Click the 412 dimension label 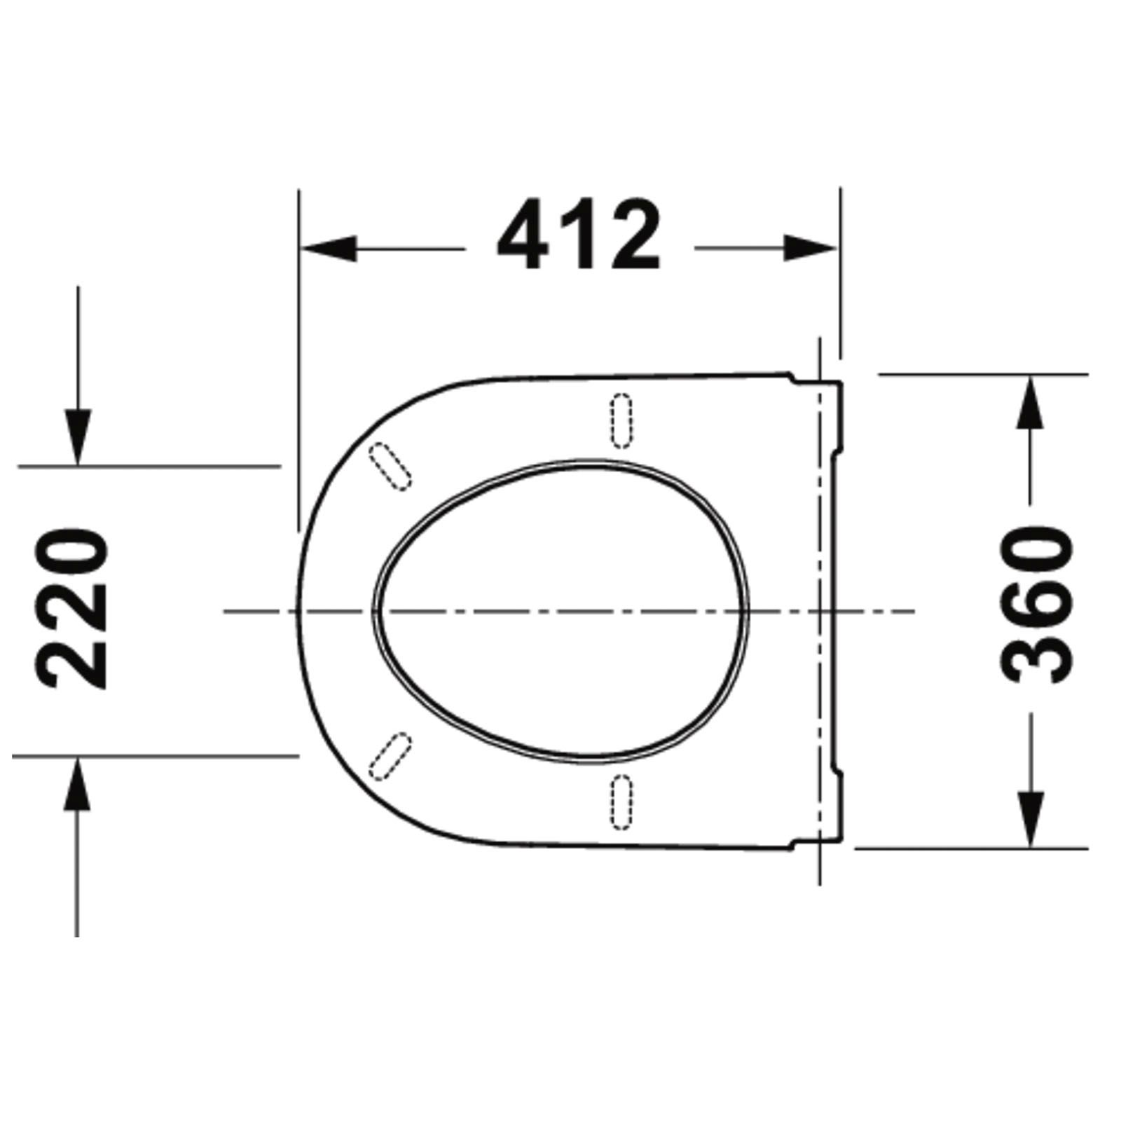pos(579,235)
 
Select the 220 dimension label pos(73,610)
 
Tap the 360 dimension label pos(1036,605)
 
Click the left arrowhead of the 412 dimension pos(328,249)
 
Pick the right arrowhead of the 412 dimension pos(810,249)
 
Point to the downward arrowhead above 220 pos(78,437)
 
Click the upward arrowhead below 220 pos(77,783)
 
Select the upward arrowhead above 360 pos(1029,402)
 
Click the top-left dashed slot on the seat pos(390,467)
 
